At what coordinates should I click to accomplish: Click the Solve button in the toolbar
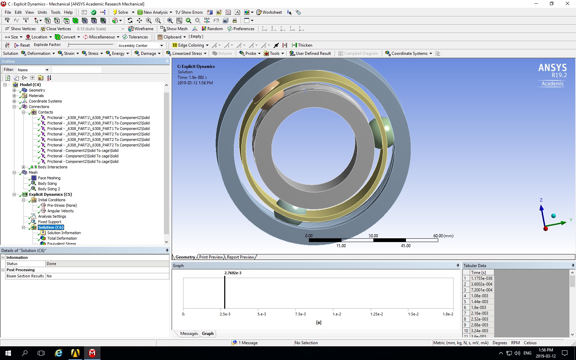click(x=120, y=12)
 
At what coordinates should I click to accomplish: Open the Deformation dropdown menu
click(x=38, y=53)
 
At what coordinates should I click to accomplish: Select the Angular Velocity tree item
click(x=60, y=211)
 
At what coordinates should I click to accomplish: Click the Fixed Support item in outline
click(x=49, y=222)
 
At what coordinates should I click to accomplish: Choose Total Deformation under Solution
click(x=62, y=238)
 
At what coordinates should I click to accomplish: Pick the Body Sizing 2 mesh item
click(x=49, y=189)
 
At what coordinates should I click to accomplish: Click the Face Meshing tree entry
click(x=49, y=178)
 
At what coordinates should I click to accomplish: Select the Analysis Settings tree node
click(x=52, y=216)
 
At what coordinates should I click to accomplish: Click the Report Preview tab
click(x=240, y=257)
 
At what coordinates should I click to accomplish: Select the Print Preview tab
click(x=211, y=257)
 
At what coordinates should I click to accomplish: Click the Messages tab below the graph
click(x=189, y=334)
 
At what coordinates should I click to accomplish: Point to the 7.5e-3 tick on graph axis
click(x=300, y=314)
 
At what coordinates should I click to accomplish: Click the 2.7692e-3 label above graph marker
click(x=233, y=273)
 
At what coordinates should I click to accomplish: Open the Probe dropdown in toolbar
click(x=250, y=53)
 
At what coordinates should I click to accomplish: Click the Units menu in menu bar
click(x=42, y=12)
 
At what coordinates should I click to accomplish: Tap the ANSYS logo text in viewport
click(x=552, y=68)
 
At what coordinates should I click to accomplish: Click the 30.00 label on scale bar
click(x=373, y=236)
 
